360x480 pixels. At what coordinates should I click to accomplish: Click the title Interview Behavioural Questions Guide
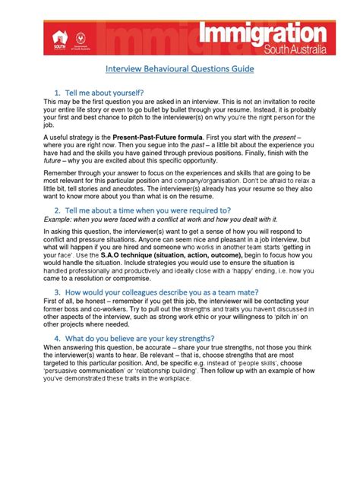(179, 68)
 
